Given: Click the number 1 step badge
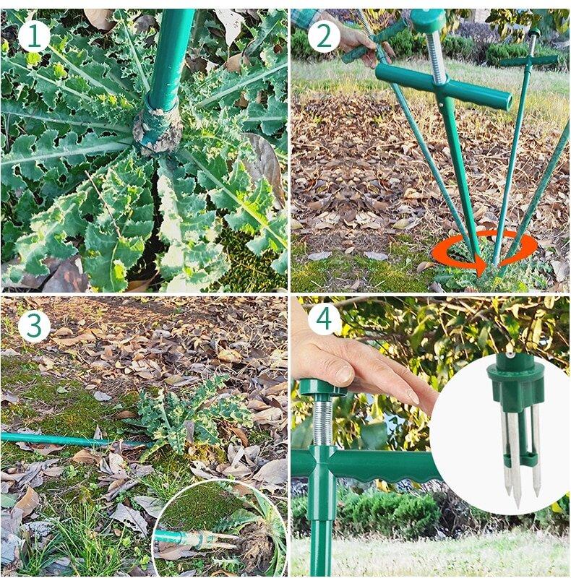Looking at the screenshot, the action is coord(34,37).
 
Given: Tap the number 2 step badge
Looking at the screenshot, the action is coord(324,37).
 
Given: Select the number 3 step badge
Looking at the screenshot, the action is coord(34,325).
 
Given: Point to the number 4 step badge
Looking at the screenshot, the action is coord(324,320).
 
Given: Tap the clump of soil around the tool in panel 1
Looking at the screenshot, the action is coord(158,129).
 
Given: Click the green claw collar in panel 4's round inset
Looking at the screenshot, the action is coord(515,382).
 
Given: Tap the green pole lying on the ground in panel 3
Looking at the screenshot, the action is coord(74,440).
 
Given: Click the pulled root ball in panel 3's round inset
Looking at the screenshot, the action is coord(257,546).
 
